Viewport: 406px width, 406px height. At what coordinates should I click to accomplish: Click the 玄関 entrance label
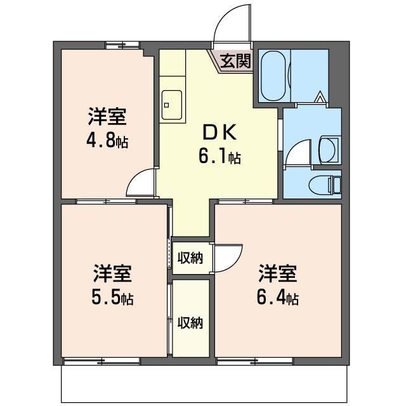click(x=235, y=61)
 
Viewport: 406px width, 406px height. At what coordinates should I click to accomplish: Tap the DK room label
click(x=219, y=132)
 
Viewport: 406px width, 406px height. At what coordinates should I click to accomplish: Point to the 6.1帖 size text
click(x=219, y=156)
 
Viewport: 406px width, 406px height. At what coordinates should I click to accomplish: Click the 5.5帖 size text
click(x=112, y=298)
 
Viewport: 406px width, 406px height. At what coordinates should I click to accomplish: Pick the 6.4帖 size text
click(x=277, y=298)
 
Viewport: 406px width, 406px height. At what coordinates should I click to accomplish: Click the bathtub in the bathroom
click(x=273, y=75)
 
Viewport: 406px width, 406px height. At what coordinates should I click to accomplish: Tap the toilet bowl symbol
click(x=321, y=185)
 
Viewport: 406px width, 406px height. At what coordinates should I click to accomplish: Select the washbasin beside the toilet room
click(x=329, y=150)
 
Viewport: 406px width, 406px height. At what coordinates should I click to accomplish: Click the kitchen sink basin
click(x=171, y=105)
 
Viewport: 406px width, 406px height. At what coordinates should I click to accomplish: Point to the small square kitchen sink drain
click(x=166, y=105)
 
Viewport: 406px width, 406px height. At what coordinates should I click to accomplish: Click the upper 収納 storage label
click(x=190, y=258)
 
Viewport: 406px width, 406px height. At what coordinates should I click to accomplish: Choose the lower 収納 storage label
click(x=190, y=323)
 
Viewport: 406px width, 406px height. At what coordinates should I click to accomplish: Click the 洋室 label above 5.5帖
click(x=112, y=273)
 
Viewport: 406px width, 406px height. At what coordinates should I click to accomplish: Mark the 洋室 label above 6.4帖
click(x=277, y=273)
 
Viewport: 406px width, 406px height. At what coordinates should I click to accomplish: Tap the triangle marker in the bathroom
click(x=320, y=97)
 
